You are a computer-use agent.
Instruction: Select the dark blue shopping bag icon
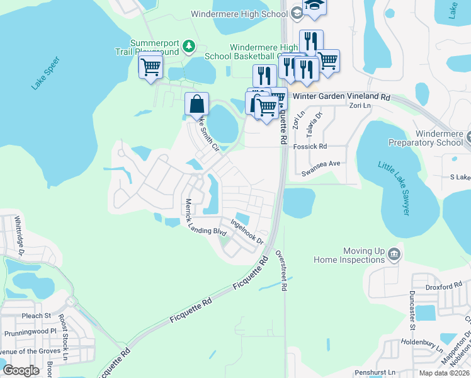(x=196, y=104)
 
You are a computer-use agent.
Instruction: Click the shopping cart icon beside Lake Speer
(x=150, y=66)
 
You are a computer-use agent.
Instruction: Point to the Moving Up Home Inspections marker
(x=394, y=254)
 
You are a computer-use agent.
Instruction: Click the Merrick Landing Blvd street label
(x=204, y=219)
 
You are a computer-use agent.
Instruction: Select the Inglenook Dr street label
(x=246, y=231)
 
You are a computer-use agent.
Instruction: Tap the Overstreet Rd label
(x=281, y=270)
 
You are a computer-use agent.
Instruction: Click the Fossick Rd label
(x=310, y=146)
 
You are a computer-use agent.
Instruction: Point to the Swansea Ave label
(x=321, y=163)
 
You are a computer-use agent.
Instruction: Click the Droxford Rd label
(x=443, y=287)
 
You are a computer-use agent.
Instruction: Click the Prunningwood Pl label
(x=30, y=332)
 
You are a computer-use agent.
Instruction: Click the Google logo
(x=21, y=370)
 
